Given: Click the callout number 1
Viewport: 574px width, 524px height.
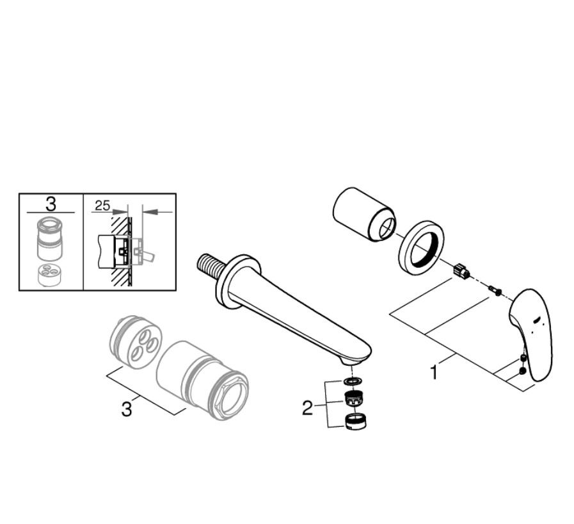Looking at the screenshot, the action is tap(434, 372).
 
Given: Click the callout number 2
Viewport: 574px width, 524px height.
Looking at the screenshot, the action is tap(308, 407).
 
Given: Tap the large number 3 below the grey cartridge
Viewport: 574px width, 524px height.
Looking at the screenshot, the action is tap(126, 409).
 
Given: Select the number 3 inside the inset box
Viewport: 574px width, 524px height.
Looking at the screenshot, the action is tap(51, 204).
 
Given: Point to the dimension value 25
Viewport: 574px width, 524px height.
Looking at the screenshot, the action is tap(102, 206).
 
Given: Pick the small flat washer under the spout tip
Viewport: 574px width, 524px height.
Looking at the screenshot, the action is tap(353, 382).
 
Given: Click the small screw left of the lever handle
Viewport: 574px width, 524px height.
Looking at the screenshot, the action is tap(495, 290).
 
